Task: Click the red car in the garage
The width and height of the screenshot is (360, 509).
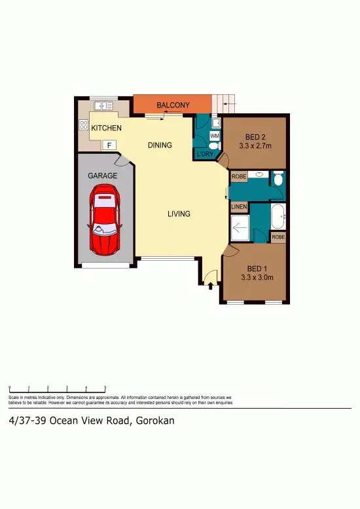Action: point(105,219)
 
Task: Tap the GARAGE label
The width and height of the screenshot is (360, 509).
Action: point(103,176)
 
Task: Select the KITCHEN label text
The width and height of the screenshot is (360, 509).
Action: point(106,128)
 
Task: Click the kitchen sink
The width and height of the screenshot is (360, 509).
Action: point(103,105)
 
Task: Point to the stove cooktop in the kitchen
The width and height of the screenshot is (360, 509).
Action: point(84,124)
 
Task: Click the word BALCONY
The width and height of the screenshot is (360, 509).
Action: point(173,105)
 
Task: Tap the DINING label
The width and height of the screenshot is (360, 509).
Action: point(160,145)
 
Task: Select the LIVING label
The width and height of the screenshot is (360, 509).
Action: point(178,214)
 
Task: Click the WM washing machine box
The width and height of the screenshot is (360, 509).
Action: point(214,136)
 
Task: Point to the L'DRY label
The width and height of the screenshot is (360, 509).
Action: point(204,155)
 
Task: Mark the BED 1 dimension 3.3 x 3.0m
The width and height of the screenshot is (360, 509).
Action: point(255,277)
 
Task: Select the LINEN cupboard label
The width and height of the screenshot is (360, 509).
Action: point(239,208)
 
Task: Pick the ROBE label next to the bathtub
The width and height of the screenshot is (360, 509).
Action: point(278,236)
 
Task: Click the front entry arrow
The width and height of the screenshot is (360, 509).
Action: point(210,285)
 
